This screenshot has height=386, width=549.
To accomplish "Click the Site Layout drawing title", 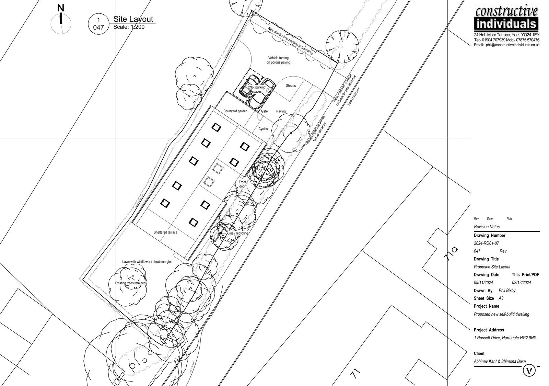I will tap(133, 19).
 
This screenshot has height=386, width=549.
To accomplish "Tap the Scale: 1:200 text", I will tap(129, 27).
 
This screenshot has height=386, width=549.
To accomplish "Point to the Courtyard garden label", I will tap(235, 111).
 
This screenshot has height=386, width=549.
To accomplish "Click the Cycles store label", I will tap(263, 129).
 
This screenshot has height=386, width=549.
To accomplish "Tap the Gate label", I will tap(264, 112).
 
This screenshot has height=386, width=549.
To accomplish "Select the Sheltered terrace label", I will tap(165, 232).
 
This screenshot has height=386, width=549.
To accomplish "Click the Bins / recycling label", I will tap(237, 234).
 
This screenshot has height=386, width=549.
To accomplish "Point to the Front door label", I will tap(243, 184).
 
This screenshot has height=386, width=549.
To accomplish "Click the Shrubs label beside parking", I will tap(291, 86).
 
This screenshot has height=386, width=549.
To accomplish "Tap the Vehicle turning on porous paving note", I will tap(278, 60).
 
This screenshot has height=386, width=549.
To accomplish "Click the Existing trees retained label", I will tap(130, 283).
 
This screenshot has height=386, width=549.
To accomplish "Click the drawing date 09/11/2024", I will tap(483, 283).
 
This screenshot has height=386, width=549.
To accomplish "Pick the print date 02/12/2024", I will tap(522, 283).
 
